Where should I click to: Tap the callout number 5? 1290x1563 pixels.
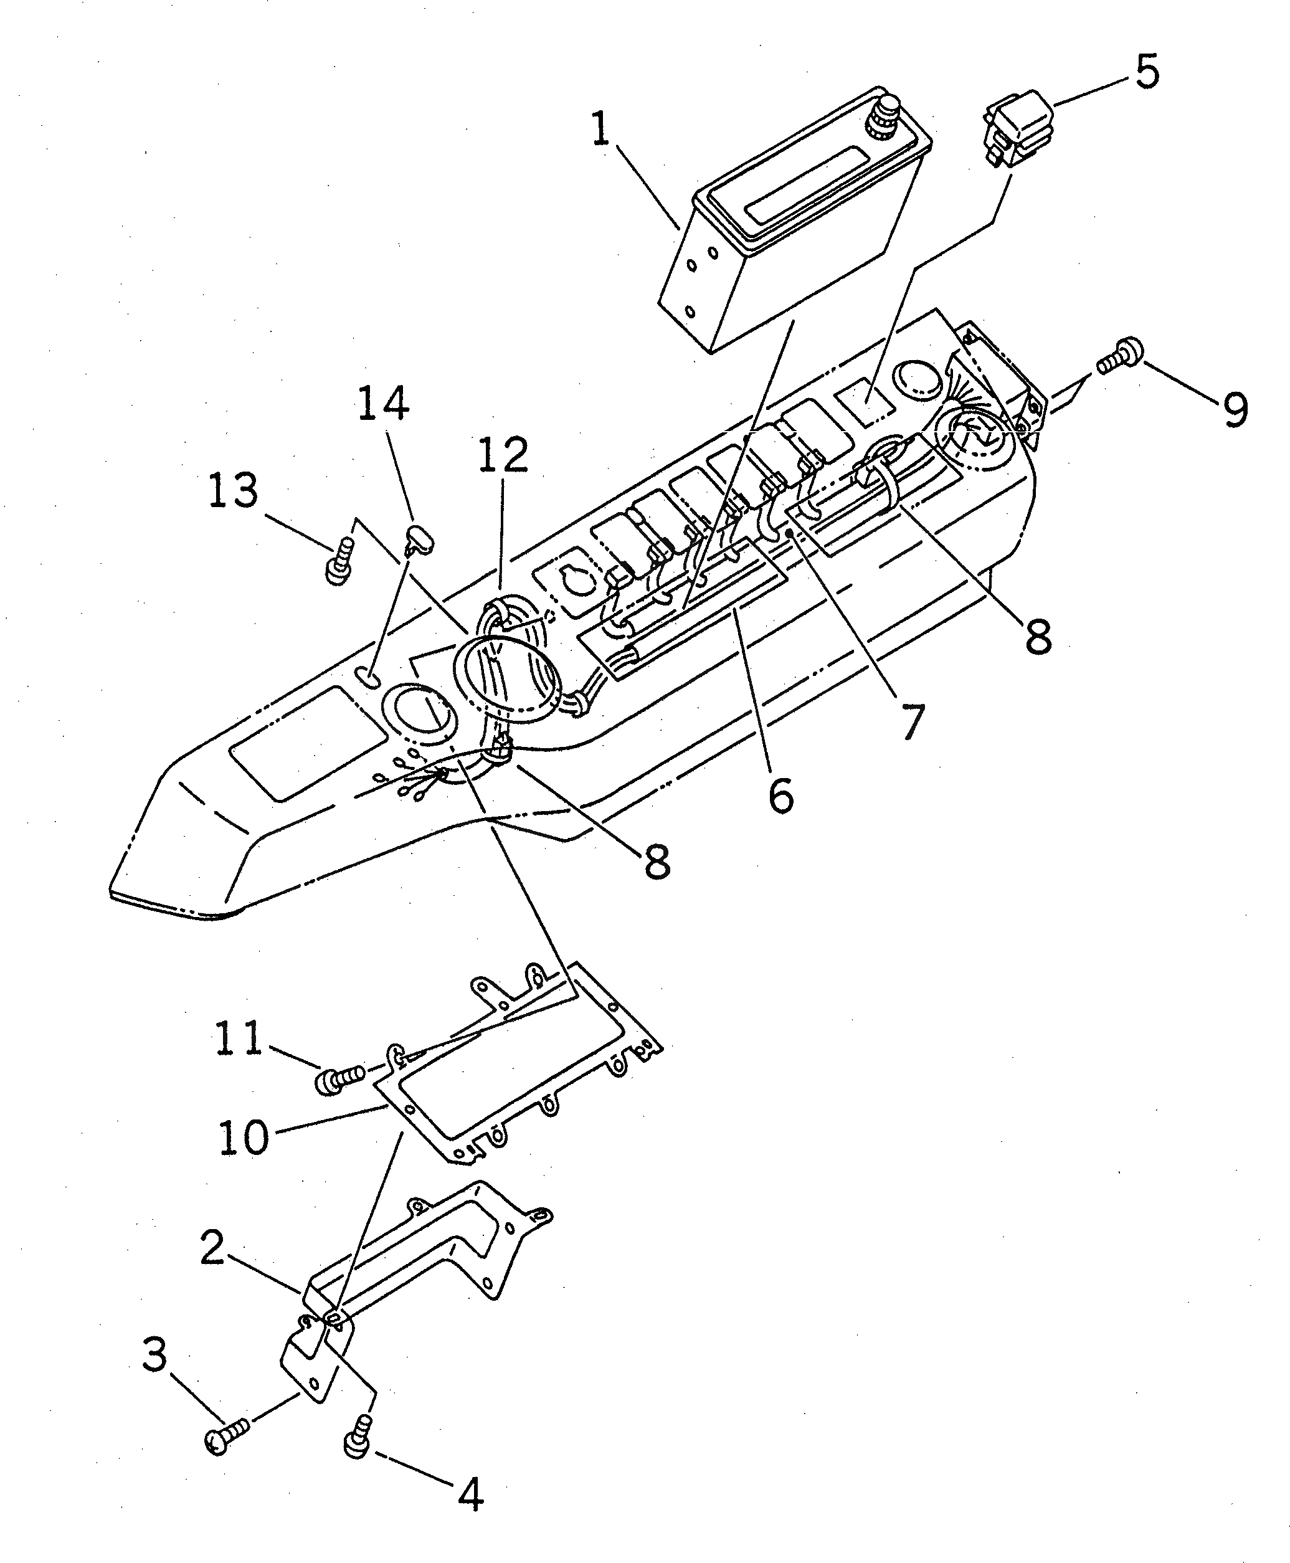click(x=1147, y=73)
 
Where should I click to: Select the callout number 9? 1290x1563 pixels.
click(x=1235, y=408)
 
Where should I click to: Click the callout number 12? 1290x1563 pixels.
click(x=502, y=454)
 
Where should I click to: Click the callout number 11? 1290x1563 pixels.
click(x=239, y=1038)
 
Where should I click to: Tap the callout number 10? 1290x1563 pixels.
click(x=243, y=1136)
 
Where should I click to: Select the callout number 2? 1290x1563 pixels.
click(x=212, y=1248)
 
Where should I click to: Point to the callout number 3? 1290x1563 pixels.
click(x=154, y=1355)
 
